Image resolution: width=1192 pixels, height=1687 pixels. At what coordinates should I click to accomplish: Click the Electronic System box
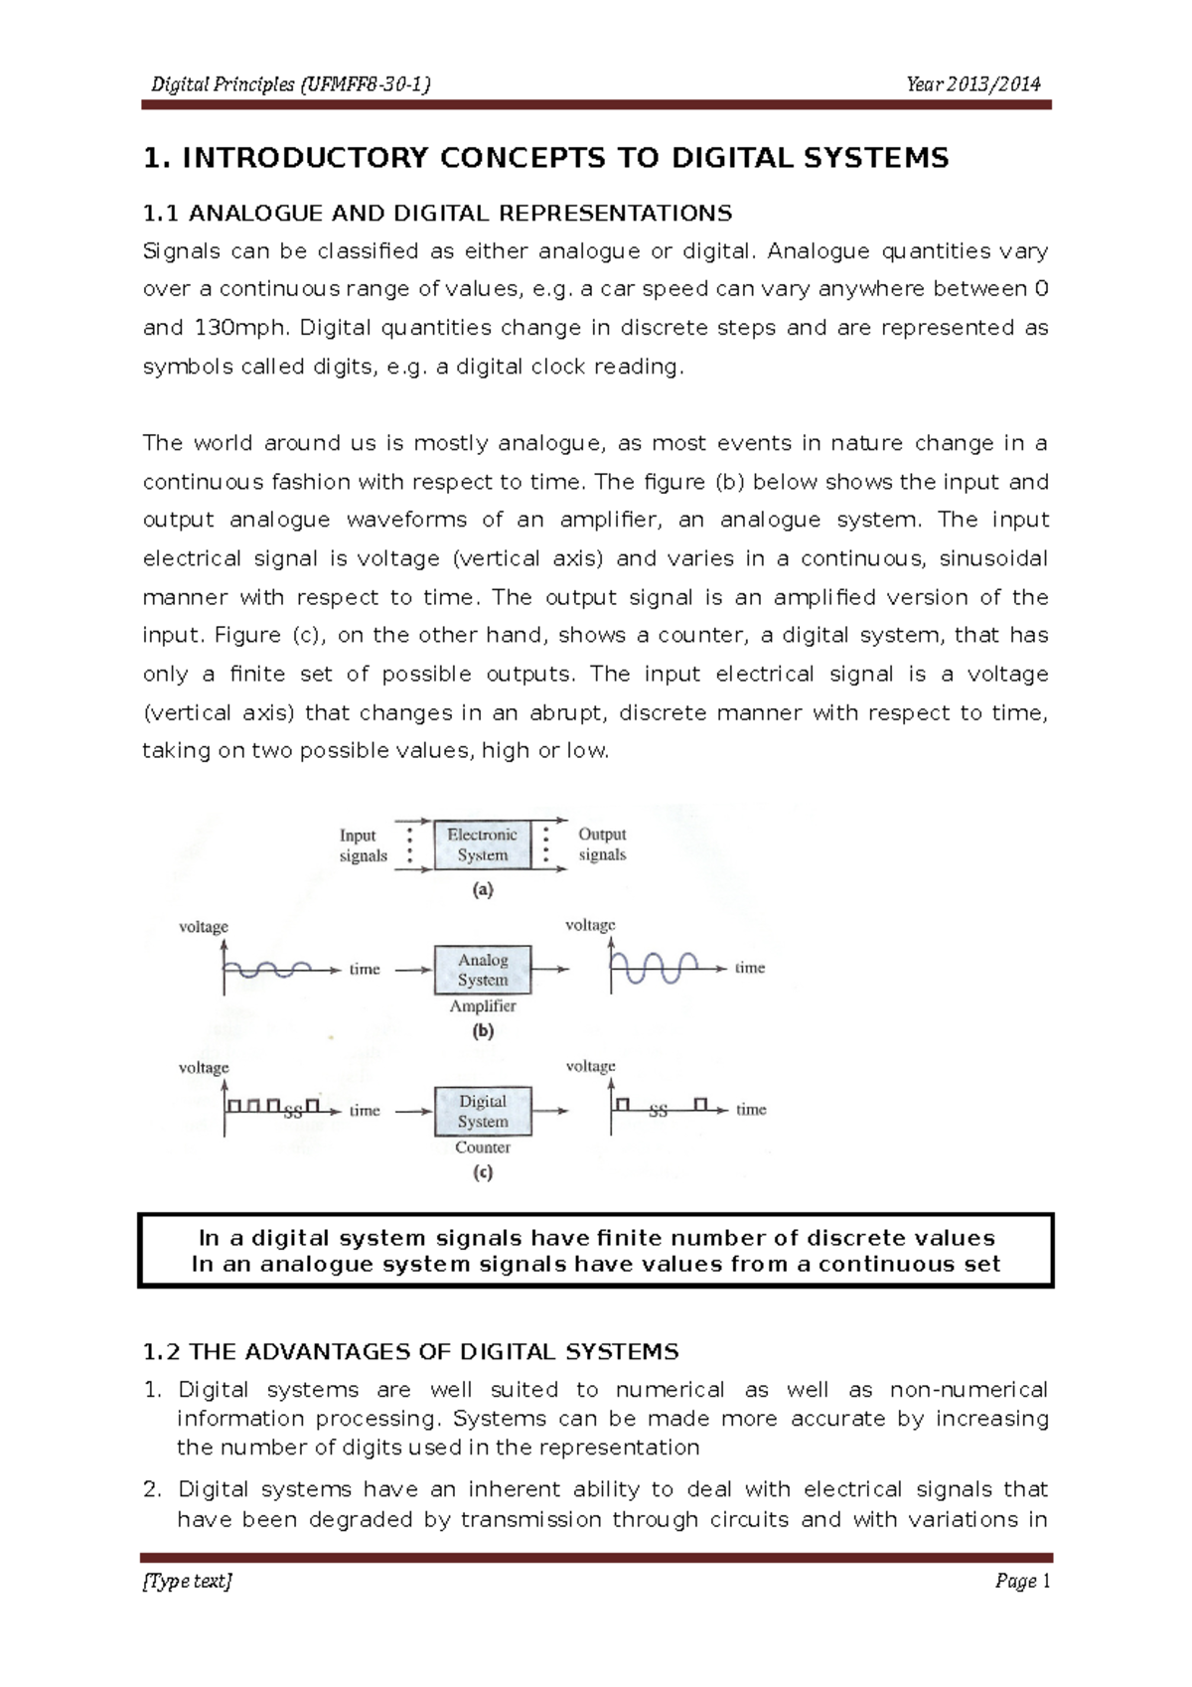click(482, 844)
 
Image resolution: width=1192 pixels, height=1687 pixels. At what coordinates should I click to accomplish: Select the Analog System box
click(483, 970)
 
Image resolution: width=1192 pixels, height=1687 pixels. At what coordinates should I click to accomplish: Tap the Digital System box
click(483, 1111)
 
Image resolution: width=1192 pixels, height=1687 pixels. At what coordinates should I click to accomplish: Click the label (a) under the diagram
click(483, 890)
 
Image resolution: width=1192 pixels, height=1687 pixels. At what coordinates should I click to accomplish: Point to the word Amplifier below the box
click(483, 1005)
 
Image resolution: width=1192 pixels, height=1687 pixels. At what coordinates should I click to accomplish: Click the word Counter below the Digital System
click(483, 1147)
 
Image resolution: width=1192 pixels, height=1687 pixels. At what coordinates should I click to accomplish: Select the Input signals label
click(363, 845)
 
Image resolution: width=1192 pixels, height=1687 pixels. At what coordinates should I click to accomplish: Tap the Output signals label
click(602, 844)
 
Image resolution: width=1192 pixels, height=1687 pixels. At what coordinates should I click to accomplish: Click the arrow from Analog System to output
click(550, 969)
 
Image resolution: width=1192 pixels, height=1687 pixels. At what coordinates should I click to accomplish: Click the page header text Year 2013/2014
click(972, 84)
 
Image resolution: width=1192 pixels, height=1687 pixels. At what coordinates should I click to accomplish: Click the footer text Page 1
click(1022, 1581)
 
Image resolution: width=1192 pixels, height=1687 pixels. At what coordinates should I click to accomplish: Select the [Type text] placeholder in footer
click(188, 1581)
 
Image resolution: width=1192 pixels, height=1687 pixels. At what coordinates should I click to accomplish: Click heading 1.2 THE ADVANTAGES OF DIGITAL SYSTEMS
click(410, 1351)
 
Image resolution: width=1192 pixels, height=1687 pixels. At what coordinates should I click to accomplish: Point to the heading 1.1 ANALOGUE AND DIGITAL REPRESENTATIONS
click(437, 213)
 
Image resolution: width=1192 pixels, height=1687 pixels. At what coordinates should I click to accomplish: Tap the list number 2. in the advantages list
click(152, 1488)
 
